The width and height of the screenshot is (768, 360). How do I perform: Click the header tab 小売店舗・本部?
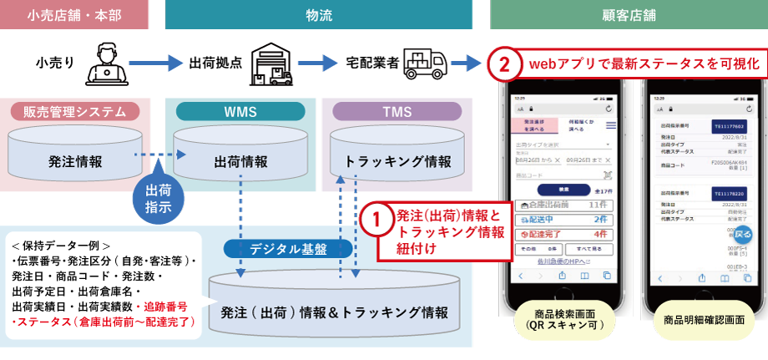click(x=74, y=14)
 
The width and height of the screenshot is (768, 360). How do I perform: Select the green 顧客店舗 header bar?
click(x=627, y=14)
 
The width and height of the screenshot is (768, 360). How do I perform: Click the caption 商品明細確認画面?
click(x=703, y=320)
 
